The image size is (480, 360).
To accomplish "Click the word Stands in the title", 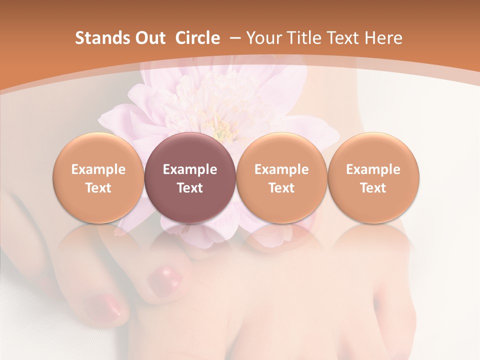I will pos(98,38).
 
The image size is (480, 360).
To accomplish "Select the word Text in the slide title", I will pos(343,38).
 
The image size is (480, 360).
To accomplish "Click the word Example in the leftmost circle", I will pos(98,169).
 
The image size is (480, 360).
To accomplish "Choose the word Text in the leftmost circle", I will pos(98,188).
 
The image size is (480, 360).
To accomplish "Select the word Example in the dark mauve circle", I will pos(189,169).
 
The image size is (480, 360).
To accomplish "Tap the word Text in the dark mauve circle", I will pos(189,188).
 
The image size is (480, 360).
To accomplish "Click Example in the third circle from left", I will pos(281,169).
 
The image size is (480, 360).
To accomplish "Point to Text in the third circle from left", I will pos(281,188).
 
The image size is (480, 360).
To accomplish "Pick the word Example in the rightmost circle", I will pos(373,169).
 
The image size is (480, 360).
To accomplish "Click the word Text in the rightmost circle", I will pos(373,188).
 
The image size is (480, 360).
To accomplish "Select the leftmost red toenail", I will pos(103,305).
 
